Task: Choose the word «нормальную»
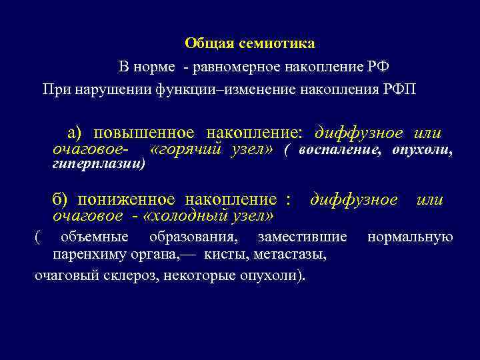click(x=410, y=237)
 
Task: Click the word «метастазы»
click(x=293, y=255)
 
